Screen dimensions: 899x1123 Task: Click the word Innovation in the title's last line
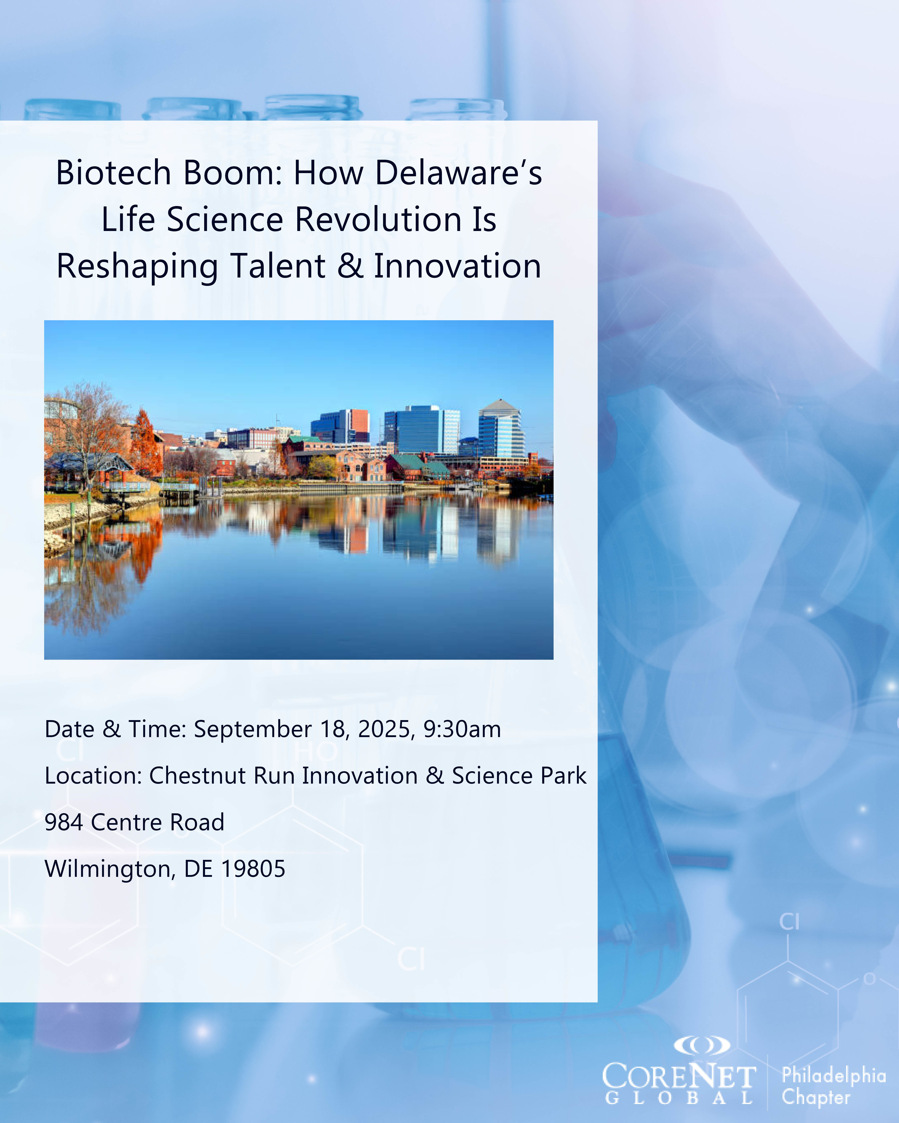[457, 266]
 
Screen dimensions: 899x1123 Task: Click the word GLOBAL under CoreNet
[679, 1098]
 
